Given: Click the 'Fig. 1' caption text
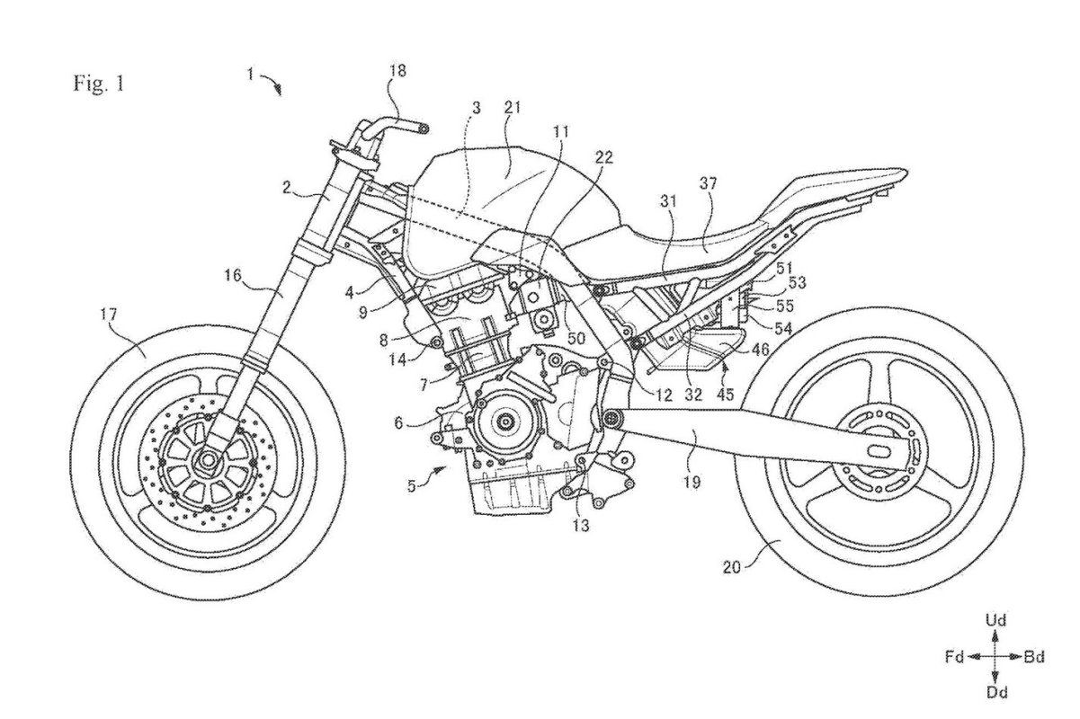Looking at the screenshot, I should [x=100, y=85].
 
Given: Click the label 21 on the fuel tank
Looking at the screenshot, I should [x=513, y=108].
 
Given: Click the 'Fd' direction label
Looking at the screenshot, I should [x=954, y=657].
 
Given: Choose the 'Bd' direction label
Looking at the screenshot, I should [x=1034, y=657].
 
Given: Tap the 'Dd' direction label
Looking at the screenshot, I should [x=995, y=692].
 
